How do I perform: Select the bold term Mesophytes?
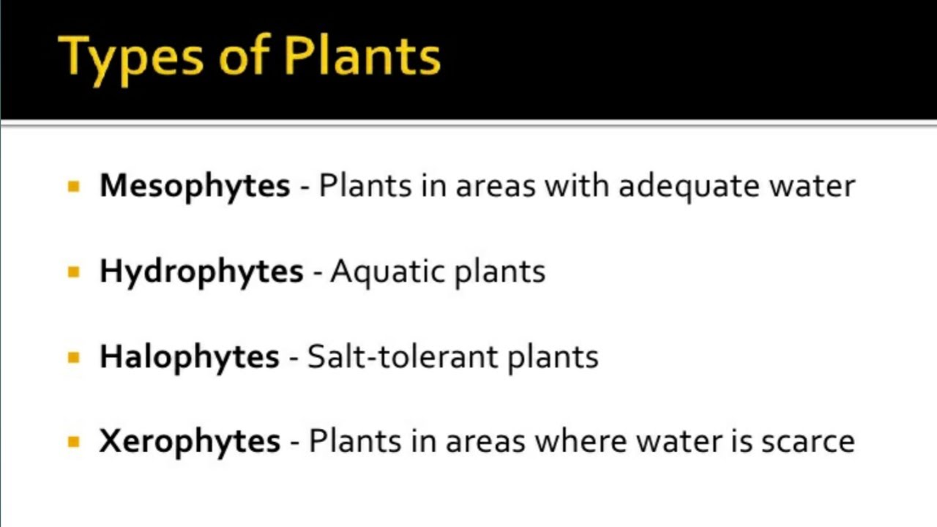pos(195,186)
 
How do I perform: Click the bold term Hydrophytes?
pos(201,272)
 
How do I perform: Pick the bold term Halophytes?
pos(190,357)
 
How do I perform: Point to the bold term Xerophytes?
pos(190,441)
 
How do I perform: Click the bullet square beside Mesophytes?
pos(73,187)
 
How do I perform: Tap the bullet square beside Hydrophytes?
pos(73,272)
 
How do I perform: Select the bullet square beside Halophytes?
pos(73,357)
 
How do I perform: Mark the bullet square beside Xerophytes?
pos(73,442)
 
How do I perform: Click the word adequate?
pos(688,186)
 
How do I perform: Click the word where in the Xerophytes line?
pos(581,441)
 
